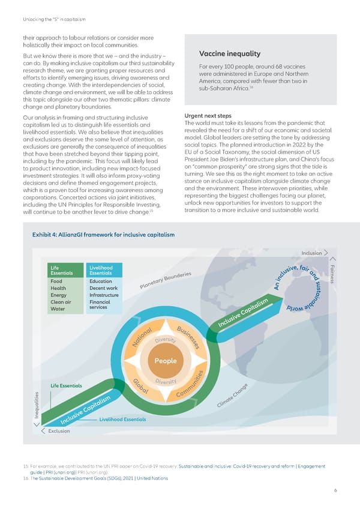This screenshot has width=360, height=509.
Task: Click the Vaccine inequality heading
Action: (x=225, y=53)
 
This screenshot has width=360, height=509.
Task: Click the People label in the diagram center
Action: (x=165, y=361)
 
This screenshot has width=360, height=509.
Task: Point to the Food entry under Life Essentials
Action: (x=57, y=282)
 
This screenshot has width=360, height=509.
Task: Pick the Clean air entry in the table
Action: (x=62, y=302)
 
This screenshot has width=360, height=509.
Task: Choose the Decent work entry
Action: (x=103, y=288)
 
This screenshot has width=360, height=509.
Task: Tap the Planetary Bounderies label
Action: (x=165, y=279)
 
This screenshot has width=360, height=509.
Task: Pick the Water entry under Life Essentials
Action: (x=58, y=309)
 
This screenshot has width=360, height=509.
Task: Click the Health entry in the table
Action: (x=59, y=288)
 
